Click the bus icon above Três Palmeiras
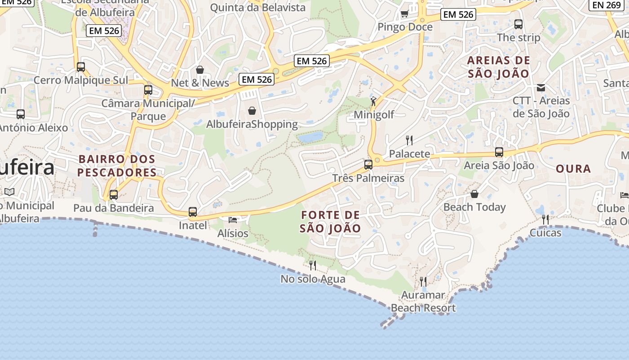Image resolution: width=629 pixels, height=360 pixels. click(368, 165)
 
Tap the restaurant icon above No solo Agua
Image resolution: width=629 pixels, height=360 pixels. click(313, 265)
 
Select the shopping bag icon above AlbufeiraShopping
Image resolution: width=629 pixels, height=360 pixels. click(252, 111)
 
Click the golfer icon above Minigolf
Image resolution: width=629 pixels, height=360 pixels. click(373, 101)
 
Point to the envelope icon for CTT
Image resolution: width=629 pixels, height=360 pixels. click(541, 87)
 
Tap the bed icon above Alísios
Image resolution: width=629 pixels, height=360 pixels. click(233, 220)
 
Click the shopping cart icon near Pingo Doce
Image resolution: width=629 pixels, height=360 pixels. click(404, 14)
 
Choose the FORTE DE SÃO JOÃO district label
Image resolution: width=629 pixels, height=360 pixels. click(331, 221)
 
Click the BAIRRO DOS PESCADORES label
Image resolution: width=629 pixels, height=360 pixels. click(117, 166)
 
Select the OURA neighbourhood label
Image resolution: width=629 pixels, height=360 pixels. click(573, 169)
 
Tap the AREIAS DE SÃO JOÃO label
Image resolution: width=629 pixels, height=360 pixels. click(499, 67)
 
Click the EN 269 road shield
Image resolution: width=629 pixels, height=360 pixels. click(607, 5)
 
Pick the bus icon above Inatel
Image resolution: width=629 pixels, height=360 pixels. click(193, 212)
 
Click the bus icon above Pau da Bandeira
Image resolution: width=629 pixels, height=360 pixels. click(114, 195)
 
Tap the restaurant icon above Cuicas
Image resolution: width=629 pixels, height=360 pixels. click(545, 220)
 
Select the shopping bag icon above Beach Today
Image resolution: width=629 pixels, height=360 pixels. click(474, 194)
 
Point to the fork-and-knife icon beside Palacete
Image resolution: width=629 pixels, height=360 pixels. click(409, 140)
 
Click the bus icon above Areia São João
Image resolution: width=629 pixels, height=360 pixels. click(499, 152)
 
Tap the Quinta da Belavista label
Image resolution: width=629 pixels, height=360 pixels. click(258, 8)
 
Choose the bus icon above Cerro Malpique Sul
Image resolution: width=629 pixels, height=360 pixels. click(81, 67)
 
